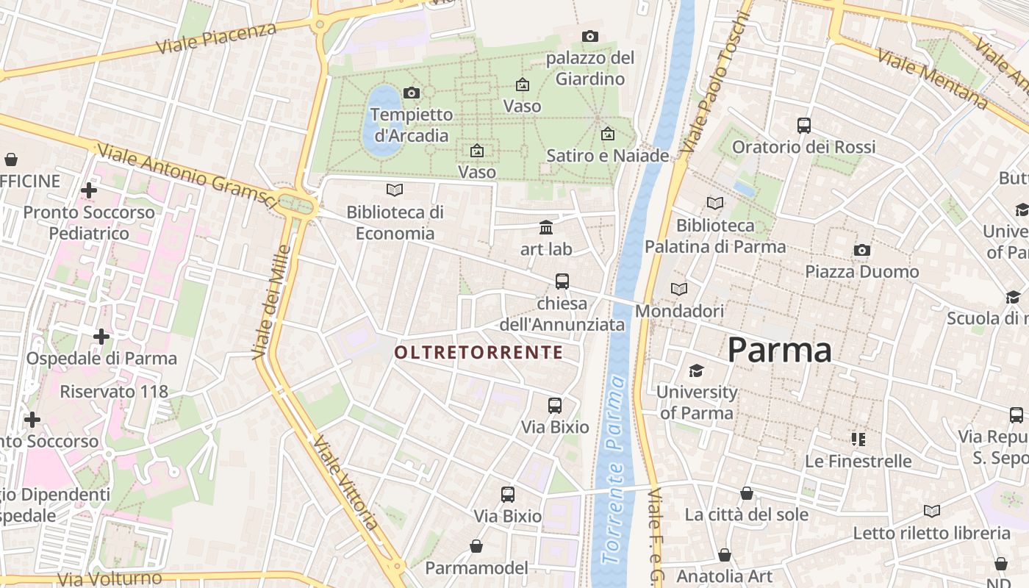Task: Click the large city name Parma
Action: click(779, 350)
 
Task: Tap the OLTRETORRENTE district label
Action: click(478, 353)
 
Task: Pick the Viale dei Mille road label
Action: click(270, 302)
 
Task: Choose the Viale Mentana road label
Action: click(932, 79)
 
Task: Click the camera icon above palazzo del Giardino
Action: click(589, 36)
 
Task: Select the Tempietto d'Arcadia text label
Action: click(412, 125)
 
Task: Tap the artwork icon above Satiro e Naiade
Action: click(607, 134)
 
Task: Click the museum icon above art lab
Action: click(545, 227)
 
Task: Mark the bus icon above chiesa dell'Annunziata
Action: click(562, 281)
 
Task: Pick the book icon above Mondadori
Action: click(679, 289)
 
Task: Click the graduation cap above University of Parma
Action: click(695, 370)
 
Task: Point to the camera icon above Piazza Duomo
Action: click(861, 250)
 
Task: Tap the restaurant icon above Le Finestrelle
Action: click(858, 440)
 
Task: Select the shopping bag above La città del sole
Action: click(746, 492)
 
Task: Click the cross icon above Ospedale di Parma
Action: click(101, 337)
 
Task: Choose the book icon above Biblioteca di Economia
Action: click(395, 190)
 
